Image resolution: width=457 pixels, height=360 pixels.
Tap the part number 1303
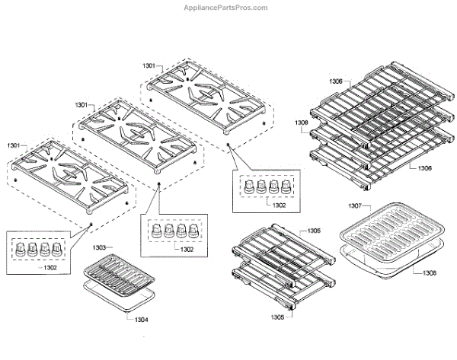104,247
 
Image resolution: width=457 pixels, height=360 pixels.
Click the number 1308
430,272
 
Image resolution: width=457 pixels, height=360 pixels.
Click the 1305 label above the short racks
313,230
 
